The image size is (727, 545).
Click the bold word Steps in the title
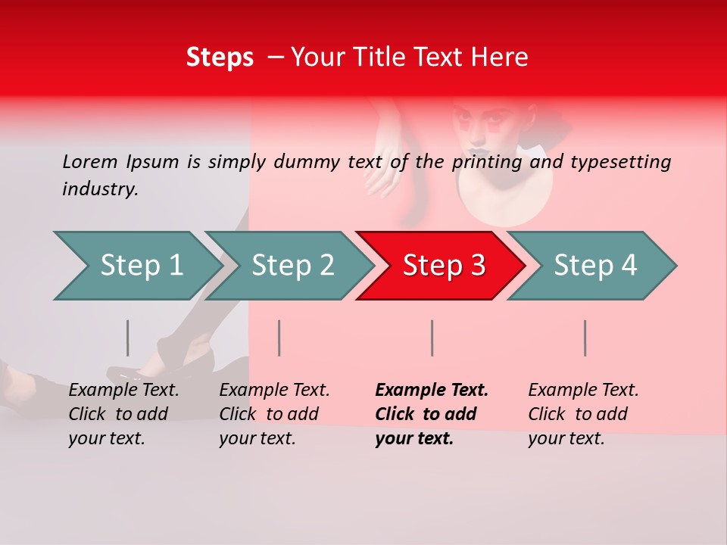[x=220, y=58]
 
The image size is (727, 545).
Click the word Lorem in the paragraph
[x=89, y=161]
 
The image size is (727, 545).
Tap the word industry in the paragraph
[x=99, y=189]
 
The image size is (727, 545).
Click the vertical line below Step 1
[x=127, y=338]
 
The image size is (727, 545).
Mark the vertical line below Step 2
[x=279, y=338]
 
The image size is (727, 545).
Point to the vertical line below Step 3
[x=432, y=338]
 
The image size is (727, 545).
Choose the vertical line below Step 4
[x=585, y=338]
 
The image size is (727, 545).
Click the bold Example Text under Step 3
[x=432, y=391]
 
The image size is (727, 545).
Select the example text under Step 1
[x=123, y=414]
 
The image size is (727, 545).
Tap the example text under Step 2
[x=273, y=414]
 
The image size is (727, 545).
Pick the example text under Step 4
[x=582, y=414]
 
